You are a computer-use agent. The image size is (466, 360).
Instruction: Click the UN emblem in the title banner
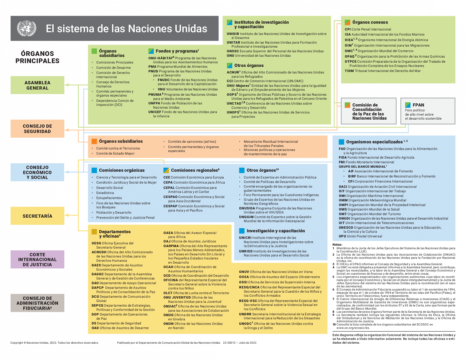point(27,28)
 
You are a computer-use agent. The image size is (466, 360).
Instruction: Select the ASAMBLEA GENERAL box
point(37,85)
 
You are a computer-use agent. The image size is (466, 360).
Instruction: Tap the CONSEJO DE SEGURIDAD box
point(37,129)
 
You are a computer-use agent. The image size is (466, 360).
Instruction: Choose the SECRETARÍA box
point(37,216)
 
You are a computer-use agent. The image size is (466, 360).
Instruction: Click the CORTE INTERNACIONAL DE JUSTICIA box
point(37,259)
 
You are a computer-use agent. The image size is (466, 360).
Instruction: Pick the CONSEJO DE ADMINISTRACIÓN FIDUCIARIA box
point(37,303)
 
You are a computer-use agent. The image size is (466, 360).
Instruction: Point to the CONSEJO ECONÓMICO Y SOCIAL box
point(37,172)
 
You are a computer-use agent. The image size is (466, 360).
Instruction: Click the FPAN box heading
point(418,105)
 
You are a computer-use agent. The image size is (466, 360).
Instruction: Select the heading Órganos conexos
point(370,22)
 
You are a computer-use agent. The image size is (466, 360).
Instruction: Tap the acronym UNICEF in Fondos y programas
point(155,112)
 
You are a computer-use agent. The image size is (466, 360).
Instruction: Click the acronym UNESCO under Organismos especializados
point(346,228)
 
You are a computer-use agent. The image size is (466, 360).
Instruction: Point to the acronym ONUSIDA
point(246,208)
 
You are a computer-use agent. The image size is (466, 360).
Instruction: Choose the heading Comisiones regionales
point(195,170)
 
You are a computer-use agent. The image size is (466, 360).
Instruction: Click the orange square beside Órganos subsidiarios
point(94,141)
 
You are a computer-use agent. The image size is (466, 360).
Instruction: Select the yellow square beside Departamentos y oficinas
point(94,232)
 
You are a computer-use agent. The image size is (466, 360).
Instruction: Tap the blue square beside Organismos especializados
point(341,142)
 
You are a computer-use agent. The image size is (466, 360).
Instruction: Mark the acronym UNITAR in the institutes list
point(233,43)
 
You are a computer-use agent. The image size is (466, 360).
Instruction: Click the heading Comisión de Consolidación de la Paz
point(369,112)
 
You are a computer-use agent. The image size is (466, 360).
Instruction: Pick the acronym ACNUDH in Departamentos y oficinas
point(99,252)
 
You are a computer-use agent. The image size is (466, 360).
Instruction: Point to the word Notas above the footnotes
point(337,245)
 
